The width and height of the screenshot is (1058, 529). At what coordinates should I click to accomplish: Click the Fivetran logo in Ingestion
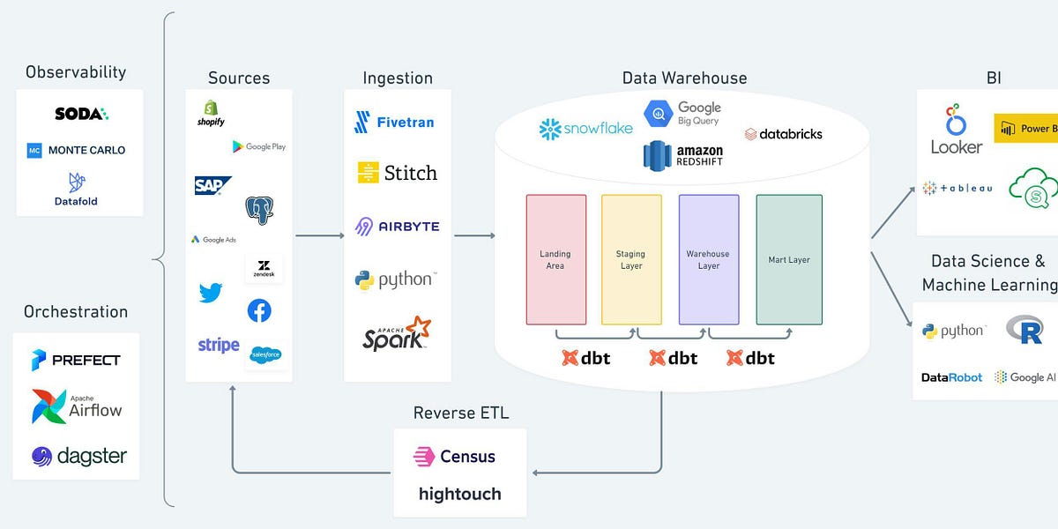394,122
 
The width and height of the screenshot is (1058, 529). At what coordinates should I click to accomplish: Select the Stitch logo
397,172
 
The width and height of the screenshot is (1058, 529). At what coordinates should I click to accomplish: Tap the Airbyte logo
397,226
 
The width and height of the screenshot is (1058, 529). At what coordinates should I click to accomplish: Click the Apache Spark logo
397,333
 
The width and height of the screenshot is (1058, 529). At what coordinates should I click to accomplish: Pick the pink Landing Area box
555,259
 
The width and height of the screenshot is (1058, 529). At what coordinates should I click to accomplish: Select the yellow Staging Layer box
631,259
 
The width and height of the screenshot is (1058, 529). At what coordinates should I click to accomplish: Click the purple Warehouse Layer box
709,259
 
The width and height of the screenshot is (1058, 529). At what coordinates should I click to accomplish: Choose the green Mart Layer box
788,259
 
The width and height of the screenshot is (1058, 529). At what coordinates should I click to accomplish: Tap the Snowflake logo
585,129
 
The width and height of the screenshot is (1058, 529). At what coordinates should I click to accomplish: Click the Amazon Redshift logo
683,156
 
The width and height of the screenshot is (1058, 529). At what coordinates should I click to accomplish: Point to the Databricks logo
783,134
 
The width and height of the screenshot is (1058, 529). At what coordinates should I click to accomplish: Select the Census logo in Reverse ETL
455,457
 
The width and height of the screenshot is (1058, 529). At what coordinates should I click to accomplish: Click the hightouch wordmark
459,494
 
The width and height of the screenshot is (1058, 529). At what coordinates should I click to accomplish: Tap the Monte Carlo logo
77,150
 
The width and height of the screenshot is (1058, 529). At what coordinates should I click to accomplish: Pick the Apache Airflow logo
77,406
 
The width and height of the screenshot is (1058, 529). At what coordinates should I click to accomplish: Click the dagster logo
78,456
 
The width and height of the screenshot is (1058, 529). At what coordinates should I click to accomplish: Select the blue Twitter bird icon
211,293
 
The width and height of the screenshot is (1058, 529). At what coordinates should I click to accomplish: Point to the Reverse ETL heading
460,413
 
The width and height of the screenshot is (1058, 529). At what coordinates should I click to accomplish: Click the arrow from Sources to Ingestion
318,235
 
